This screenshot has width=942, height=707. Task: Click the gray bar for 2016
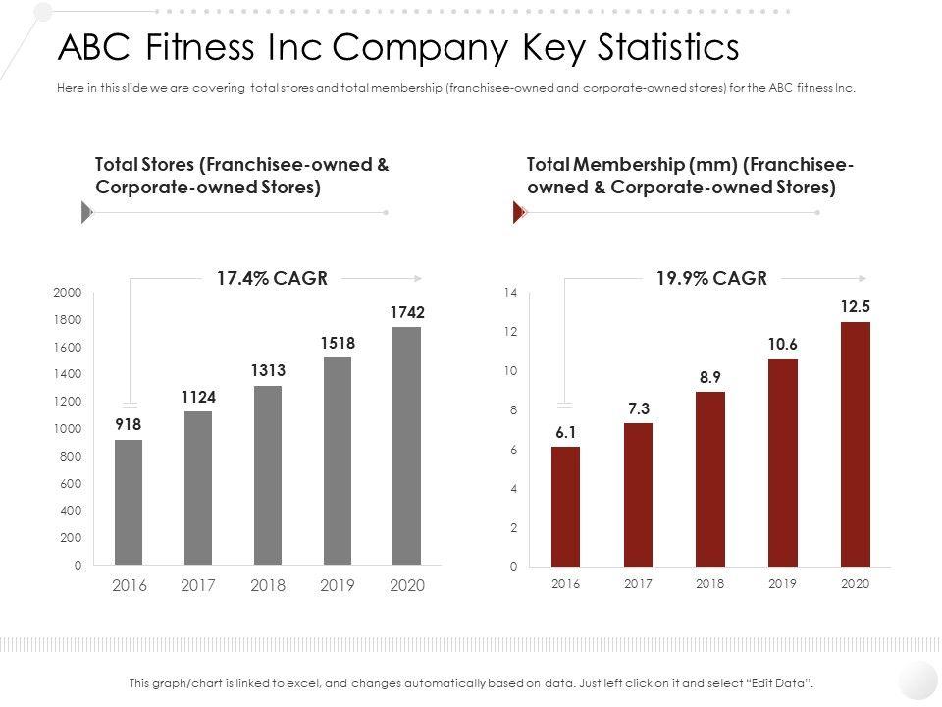pyautogui.click(x=129, y=502)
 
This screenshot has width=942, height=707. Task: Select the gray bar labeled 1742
pyautogui.click(x=407, y=446)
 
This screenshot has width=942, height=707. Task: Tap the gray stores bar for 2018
pyautogui.click(x=268, y=475)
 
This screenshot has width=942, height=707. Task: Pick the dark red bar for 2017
pyautogui.click(x=638, y=495)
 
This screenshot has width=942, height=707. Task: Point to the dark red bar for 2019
pyautogui.click(x=783, y=462)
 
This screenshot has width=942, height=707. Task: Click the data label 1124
pyautogui.click(x=197, y=397)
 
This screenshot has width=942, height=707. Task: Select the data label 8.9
pyautogui.click(x=710, y=376)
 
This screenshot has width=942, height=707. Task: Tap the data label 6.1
pyautogui.click(x=565, y=431)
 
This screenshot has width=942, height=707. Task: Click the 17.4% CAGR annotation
pyautogui.click(x=272, y=278)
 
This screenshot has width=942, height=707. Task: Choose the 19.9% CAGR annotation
pyautogui.click(x=711, y=278)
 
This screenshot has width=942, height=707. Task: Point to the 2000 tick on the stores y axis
pyautogui.click(x=68, y=293)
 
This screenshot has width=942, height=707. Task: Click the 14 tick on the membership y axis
pyautogui.click(x=509, y=293)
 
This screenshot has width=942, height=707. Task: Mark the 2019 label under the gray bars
pyautogui.click(x=338, y=585)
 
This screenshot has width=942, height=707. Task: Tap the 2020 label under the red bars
pyautogui.click(x=856, y=583)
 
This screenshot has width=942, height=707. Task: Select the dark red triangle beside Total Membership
pyautogui.click(x=519, y=212)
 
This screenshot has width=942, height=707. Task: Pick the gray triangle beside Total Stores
pyautogui.click(x=86, y=212)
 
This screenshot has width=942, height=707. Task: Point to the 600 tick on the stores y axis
pyautogui.click(x=71, y=484)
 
